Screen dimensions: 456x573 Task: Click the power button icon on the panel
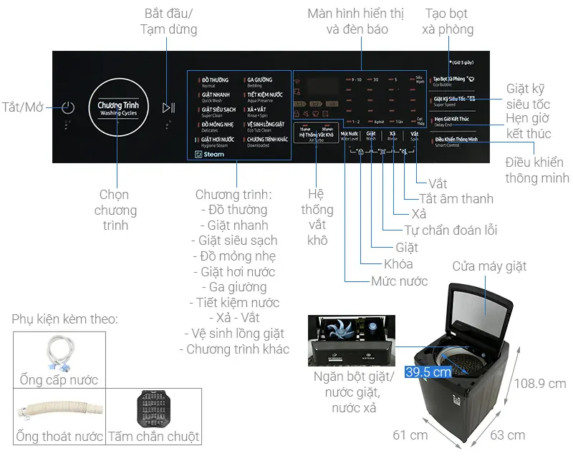coord(67,108)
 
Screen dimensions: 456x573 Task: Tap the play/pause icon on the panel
coord(168,108)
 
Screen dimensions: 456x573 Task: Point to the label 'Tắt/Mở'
coord(23,107)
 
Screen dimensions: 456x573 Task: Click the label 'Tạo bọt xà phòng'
coord(449,21)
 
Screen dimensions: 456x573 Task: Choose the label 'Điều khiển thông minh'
coord(536,170)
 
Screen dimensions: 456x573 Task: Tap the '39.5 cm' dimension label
coord(428,372)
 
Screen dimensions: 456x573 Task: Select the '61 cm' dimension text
coord(410,435)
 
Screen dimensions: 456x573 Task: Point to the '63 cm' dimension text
coord(506,435)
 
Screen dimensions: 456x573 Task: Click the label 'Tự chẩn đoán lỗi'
coord(451,230)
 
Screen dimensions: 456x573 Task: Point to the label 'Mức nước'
coord(399,281)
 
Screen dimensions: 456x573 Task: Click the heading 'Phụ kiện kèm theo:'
coord(64,319)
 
